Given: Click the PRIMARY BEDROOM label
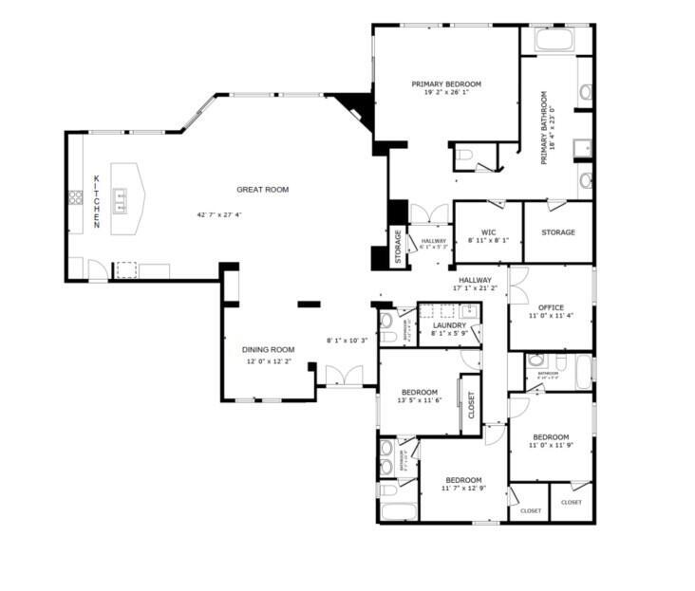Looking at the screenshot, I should tap(446, 84).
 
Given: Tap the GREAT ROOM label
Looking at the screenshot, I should tap(262, 190).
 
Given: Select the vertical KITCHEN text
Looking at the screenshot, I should tap(96, 200).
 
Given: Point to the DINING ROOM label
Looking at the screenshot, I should tap(269, 349).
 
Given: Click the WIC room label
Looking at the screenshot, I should tap(489, 231).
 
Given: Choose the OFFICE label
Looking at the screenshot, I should tap(551, 307).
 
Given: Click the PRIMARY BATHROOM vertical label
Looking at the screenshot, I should tap(545, 128).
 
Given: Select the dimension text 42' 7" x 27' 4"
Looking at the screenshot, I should tap(219, 215).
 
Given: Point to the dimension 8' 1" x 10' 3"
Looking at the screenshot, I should tap(347, 341).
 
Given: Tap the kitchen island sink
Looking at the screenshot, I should tap(122, 198).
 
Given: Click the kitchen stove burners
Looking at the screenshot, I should tap(74, 197).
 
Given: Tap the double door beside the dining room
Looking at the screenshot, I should tap(339, 376).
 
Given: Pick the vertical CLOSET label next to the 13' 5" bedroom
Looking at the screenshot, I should tap(472, 405).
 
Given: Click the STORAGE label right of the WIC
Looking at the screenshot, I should tap(557, 231).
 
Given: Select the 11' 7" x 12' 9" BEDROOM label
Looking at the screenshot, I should tap(463, 479).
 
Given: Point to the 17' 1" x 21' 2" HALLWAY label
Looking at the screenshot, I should tap(475, 280).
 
